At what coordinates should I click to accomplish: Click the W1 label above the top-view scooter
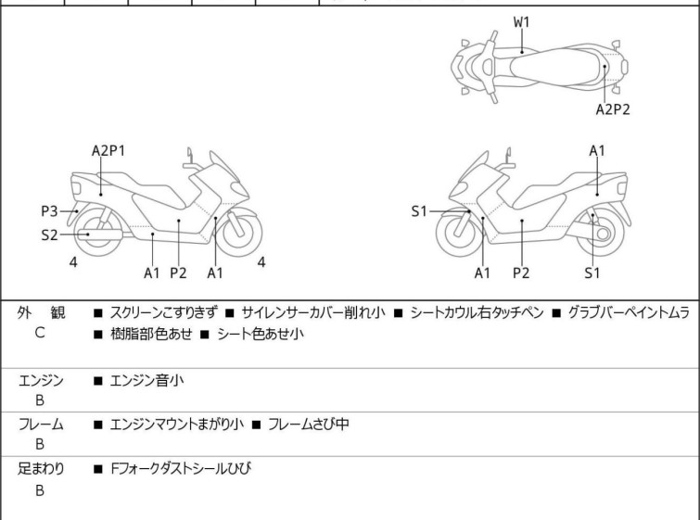[x=522, y=19]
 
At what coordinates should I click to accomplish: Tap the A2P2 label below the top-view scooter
[x=612, y=109]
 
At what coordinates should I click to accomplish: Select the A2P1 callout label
[x=108, y=150]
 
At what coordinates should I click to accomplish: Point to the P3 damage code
[x=49, y=212]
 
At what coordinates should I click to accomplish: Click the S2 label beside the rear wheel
[x=49, y=235]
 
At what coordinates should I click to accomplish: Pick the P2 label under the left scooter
[x=178, y=273]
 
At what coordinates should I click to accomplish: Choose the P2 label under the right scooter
[x=521, y=273]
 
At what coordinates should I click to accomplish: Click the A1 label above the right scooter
[x=598, y=150]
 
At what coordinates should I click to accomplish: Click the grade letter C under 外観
[x=39, y=333]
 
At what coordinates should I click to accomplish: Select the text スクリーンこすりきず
[x=162, y=313]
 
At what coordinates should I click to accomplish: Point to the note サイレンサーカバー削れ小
[x=313, y=313]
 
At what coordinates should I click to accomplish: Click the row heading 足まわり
[x=41, y=469]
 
